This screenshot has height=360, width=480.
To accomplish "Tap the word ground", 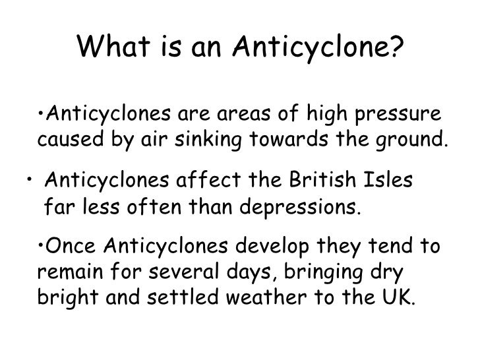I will [x=409, y=140].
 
